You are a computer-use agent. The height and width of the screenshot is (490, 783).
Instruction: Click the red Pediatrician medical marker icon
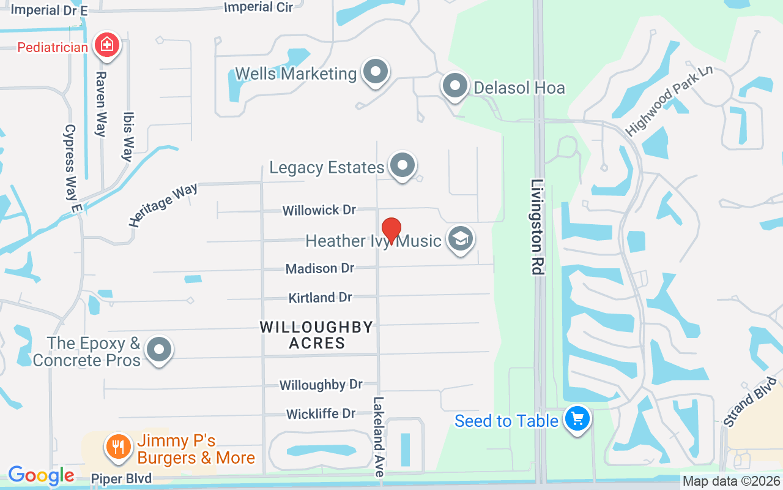point(106,45)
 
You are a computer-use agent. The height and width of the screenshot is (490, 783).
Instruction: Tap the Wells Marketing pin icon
point(376,73)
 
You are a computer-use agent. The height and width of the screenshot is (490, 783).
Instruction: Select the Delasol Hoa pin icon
point(455,86)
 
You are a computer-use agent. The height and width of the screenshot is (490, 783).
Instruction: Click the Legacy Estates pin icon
point(403,165)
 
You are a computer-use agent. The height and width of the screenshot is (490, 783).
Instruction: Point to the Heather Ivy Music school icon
point(460,239)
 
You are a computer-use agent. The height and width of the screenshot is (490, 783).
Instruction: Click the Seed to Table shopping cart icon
point(577,420)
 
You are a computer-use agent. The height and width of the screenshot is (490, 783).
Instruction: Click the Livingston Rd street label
point(538,227)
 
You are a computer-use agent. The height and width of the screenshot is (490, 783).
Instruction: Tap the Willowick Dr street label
point(319,210)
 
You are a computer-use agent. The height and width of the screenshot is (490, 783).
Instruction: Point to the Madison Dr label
point(320,268)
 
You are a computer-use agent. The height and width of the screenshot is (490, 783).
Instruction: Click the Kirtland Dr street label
point(320,298)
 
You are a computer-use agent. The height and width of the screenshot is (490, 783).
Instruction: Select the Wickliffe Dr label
point(321,414)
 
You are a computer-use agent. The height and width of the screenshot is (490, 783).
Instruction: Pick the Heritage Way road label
point(163,205)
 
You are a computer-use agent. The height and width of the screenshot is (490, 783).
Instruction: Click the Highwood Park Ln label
point(669,100)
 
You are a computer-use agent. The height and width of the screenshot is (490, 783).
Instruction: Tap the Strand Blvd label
point(749,402)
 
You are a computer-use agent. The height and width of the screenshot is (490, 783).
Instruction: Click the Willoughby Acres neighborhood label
point(317,334)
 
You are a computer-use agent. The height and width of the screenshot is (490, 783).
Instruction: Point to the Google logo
point(41,475)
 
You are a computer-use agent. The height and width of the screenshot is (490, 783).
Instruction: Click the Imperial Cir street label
point(259,7)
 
